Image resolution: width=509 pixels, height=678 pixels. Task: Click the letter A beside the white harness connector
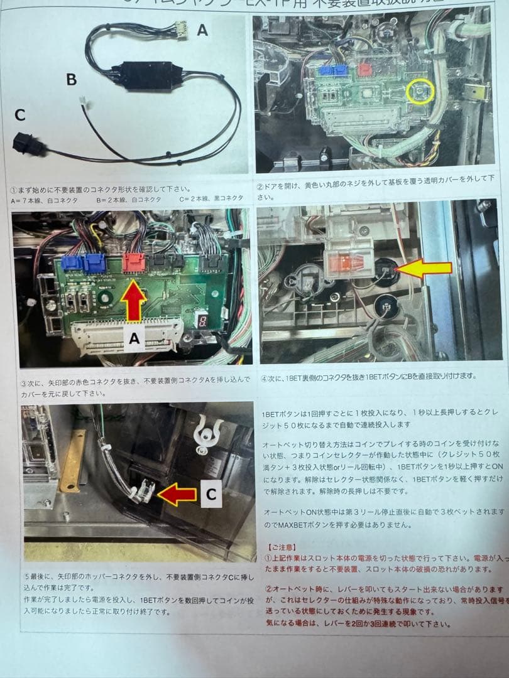[x=202, y=30]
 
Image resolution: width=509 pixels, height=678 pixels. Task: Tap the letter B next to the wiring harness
[x=72, y=79]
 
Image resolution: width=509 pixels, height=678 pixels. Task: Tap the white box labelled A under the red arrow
[x=134, y=339]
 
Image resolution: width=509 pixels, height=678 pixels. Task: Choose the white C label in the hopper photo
[x=211, y=495]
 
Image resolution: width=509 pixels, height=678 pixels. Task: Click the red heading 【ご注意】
[x=281, y=547]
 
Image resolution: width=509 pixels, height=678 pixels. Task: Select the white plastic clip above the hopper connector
[x=209, y=432]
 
